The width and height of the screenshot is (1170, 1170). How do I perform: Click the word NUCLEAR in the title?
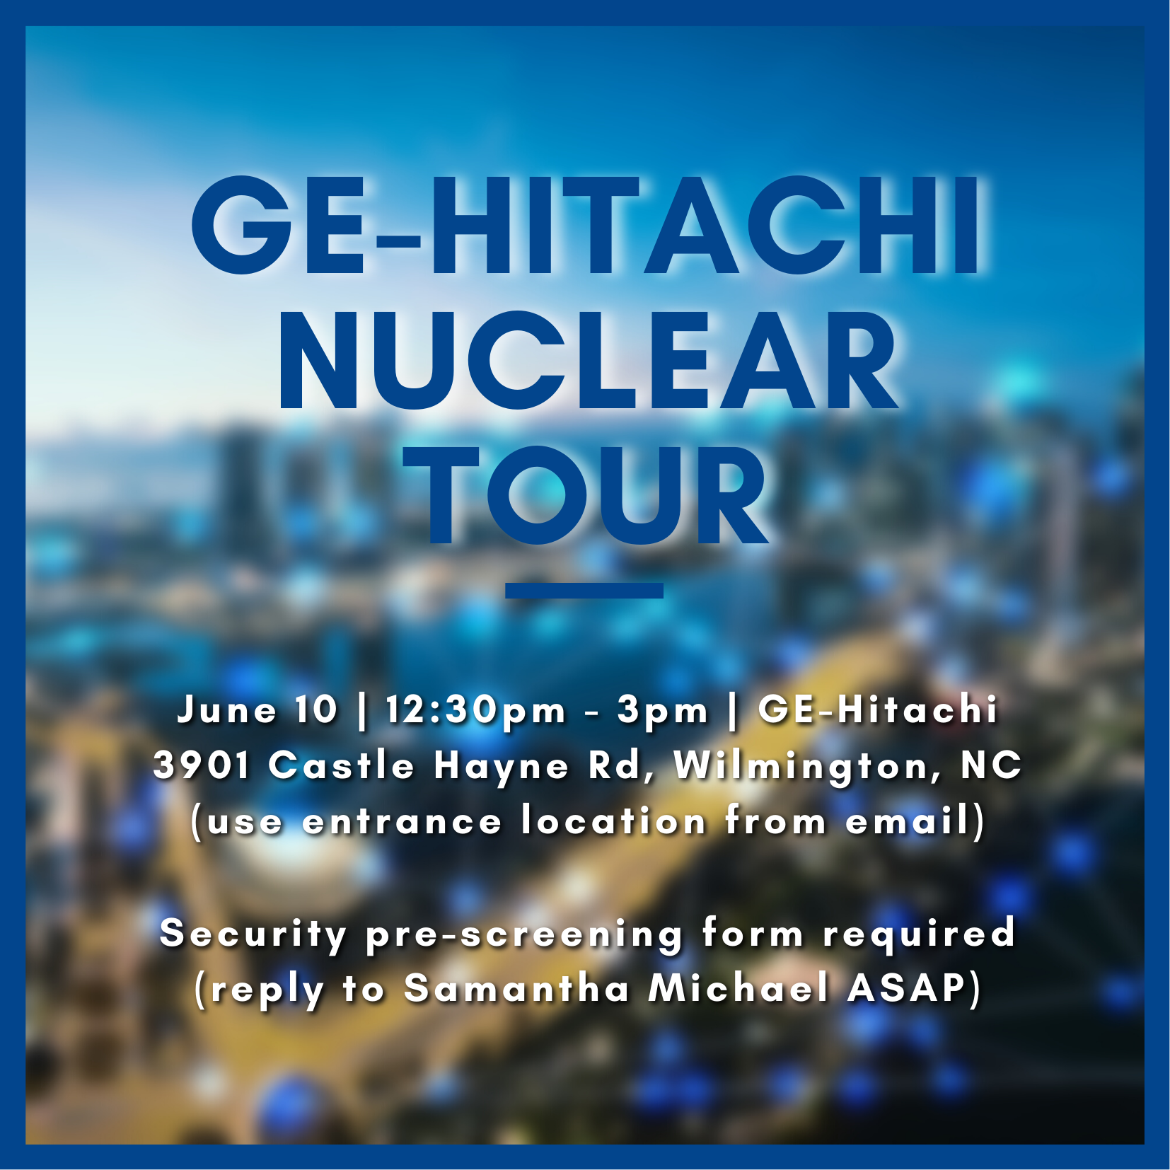pos(588,360)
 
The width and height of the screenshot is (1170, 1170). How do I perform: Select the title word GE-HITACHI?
pos(587,225)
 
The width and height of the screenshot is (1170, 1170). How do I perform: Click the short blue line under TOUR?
pos(584,591)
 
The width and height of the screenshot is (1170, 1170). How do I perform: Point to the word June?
pos(227,709)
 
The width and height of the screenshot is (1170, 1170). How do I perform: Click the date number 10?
pos(317,709)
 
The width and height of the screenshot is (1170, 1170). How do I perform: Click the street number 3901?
pos(202,765)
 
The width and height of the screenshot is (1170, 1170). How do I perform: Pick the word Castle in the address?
pos(341,765)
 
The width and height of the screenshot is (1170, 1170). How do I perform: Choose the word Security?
pos(253,934)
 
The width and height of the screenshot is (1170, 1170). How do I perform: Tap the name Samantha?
pos(516,989)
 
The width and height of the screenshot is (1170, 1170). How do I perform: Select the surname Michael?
pos(739,989)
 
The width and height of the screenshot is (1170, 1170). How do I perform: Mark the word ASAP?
pos(907,989)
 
